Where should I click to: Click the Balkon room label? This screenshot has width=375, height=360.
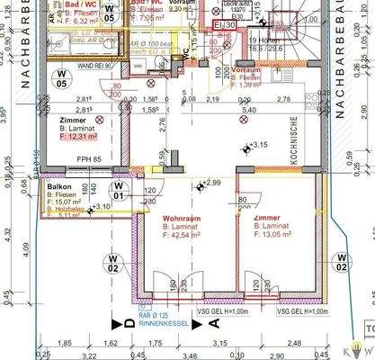[59, 187]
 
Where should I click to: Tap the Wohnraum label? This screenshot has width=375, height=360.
[180, 220]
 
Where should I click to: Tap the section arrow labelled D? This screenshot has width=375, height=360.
[115, 320]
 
